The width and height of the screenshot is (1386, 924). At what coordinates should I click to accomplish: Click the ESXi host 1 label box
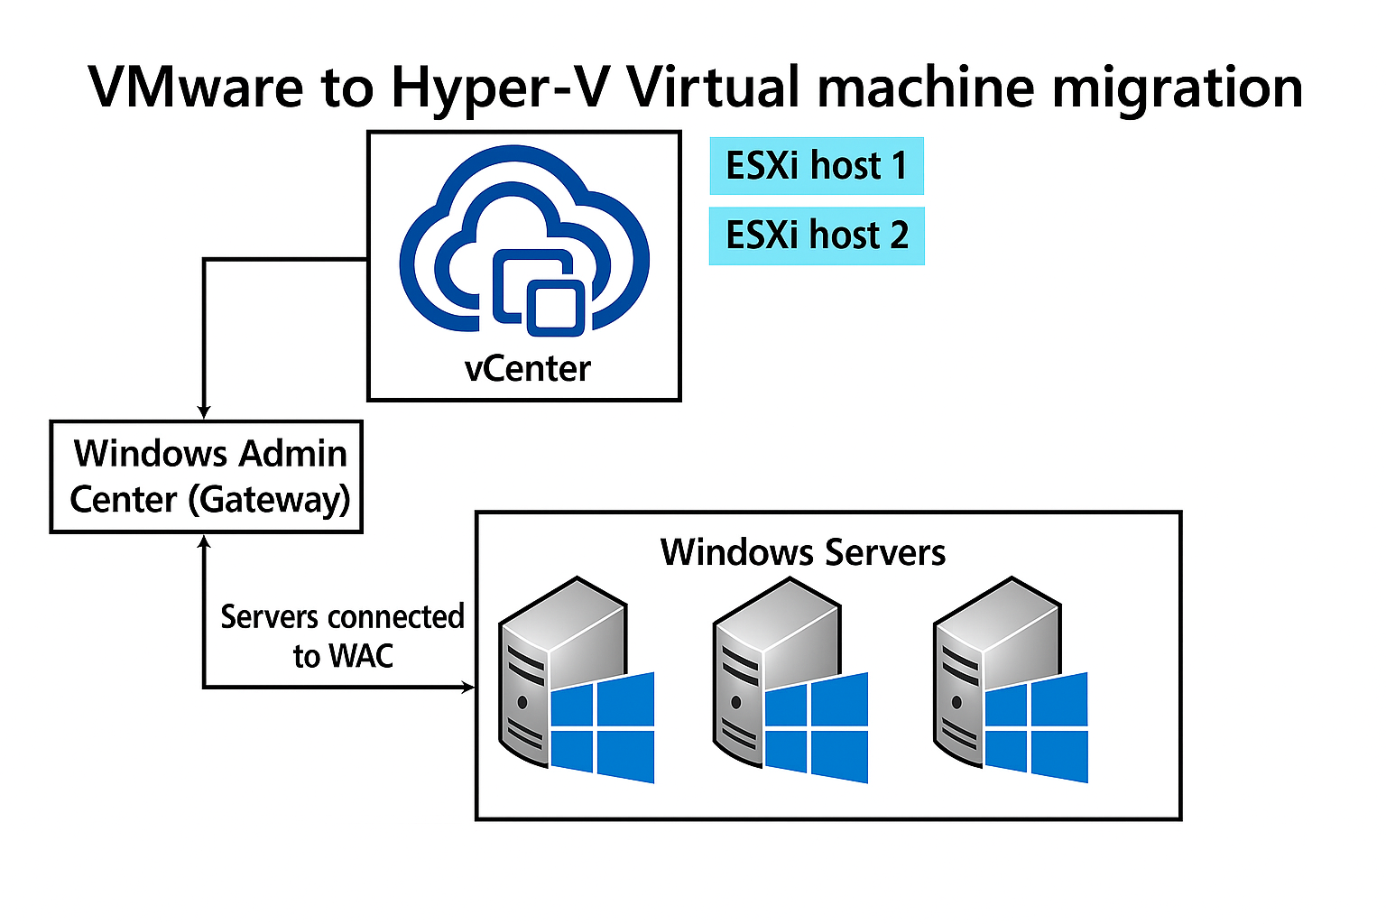click(816, 166)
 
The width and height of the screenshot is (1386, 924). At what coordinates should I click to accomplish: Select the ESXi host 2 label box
click(816, 236)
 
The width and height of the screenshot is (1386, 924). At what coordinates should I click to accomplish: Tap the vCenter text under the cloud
click(527, 369)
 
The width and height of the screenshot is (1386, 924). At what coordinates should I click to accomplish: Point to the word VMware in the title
click(196, 88)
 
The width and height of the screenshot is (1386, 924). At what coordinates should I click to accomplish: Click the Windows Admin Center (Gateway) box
click(207, 476)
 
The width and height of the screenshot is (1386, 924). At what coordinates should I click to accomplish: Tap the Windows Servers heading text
click(802, 552)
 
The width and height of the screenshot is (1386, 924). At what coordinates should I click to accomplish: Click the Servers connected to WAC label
click(342, 636)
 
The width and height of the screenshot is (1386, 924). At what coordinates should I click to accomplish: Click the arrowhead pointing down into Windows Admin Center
click(205, 411)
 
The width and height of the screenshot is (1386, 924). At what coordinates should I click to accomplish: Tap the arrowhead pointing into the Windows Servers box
click(467, 688)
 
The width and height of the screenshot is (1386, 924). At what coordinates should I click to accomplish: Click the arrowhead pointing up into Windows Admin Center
click(205, 541)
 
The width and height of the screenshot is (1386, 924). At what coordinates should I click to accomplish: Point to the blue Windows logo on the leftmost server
click(602, 728)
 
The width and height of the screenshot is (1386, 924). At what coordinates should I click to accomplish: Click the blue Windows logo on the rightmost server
click(1036, 728)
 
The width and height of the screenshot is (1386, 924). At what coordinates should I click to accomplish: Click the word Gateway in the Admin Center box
click(268, 500)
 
